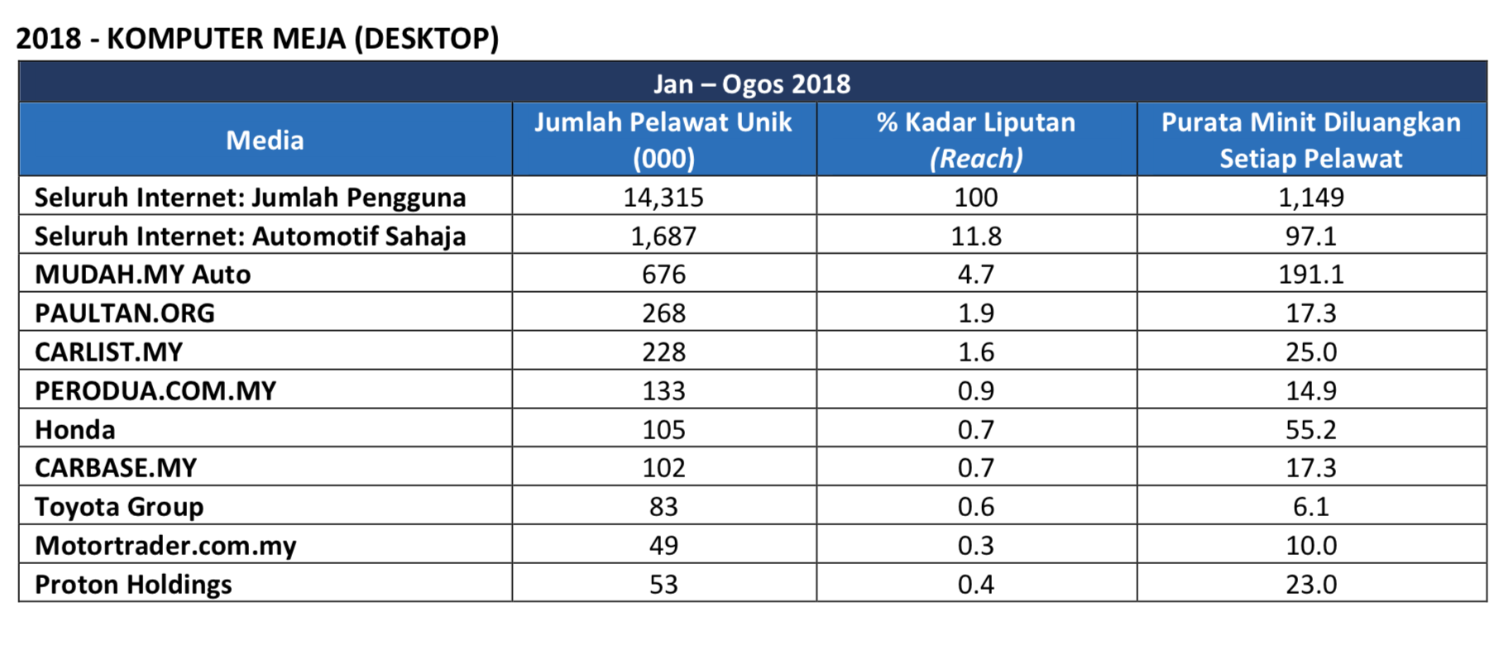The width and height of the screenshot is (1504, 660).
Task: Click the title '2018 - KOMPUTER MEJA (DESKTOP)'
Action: click(x=257, y=38)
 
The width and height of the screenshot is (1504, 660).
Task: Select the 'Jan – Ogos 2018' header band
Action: click(x=751, y=84)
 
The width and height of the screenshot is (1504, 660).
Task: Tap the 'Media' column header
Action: click(x=265, y=140)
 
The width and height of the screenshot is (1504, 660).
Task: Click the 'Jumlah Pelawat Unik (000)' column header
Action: click(x=663, y=140)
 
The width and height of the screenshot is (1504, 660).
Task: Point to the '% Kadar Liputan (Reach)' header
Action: click(x=976, y=140)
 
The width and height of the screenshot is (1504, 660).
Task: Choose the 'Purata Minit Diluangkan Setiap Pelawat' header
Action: click(x=1310, y=140)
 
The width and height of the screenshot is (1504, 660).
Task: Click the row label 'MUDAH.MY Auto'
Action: click(x=142, y=274)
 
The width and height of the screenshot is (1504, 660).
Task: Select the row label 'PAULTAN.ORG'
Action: click(x=124, y=313)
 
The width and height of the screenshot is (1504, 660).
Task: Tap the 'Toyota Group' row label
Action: click(x=119, y=506)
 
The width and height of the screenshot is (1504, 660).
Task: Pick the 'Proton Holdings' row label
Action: click(x=133, y=584)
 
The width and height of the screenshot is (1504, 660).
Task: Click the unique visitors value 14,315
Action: click(x=663, y=197)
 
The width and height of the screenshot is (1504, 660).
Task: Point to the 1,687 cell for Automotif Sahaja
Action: click(x=663, y=236)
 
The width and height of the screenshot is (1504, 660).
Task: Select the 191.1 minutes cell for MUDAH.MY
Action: click(x=1310, y=274)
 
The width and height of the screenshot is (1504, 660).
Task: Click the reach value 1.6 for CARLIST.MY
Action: click(x=976, y=352)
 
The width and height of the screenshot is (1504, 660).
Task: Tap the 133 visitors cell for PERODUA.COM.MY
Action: click(x=663, y=390)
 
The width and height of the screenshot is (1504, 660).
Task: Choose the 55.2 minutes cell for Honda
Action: click(x=1310, y=429)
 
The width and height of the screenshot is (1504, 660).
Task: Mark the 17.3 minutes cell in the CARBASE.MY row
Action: click(x=1310, y=467)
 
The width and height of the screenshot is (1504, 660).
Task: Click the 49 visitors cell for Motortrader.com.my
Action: click(x=663, y=545)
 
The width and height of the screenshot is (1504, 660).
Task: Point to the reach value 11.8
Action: click(x=976, y=236)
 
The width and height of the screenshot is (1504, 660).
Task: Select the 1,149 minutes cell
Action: click(x=1310, y=197)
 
